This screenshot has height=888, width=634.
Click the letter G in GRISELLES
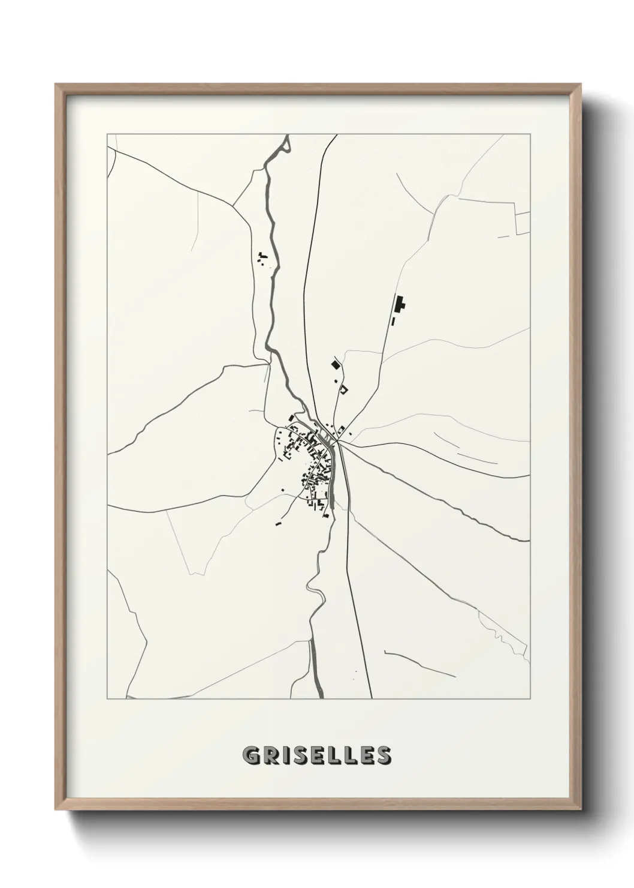pos(251,755)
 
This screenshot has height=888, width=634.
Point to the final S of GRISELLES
pos(384,755)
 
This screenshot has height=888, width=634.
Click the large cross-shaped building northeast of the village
pos(398,305)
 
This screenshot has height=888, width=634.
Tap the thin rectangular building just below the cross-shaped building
pos(393,322)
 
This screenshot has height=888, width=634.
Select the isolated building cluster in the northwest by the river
pos(262,259)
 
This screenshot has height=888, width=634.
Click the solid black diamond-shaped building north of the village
pos(335,364)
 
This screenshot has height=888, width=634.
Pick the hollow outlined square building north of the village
pos(343,389)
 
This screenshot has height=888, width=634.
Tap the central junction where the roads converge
pos(337,442)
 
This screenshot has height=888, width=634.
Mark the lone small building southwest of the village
pos(278,523)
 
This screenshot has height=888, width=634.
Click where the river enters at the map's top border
pos(287,136)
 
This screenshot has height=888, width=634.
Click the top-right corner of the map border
pos(530,134)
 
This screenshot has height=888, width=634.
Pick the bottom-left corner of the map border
pos(108,698)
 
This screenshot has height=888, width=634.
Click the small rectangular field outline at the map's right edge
pos(523,223)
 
